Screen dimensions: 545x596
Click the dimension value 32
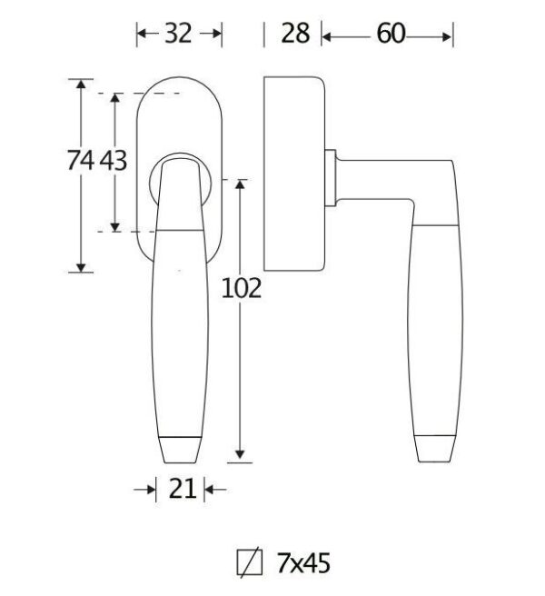(178, 34)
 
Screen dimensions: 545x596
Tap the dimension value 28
(295, 34)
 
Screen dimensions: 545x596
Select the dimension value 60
(391, 34)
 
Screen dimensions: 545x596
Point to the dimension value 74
(81, 160)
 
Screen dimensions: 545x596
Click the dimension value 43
(114, 160)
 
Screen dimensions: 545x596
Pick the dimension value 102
(242, 288)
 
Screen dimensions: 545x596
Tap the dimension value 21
(182, 489)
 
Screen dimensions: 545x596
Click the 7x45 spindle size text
(303, 563)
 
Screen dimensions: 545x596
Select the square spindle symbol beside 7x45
(249, 562)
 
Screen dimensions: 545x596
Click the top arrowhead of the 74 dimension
(81, 84)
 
